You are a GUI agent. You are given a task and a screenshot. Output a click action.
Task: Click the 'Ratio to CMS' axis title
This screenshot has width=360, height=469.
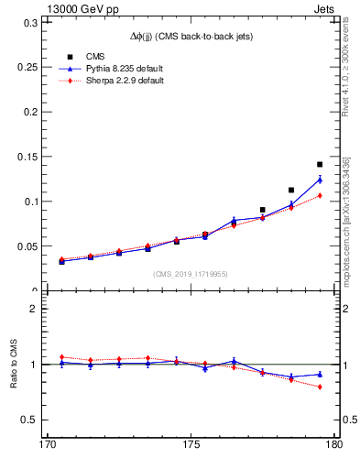coord(12,364)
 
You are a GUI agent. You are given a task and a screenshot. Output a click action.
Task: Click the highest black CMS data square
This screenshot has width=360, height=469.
coord(320,165)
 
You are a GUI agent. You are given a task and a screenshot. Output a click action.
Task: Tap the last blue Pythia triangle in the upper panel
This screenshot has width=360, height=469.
coord(320,180)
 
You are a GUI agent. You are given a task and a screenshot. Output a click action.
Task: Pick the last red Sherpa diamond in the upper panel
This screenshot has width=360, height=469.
coord(320,195)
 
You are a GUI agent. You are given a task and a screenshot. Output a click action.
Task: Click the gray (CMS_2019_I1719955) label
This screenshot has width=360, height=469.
coord(191,272)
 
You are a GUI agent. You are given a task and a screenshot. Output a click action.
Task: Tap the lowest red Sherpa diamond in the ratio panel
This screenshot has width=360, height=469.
coord(320,387)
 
